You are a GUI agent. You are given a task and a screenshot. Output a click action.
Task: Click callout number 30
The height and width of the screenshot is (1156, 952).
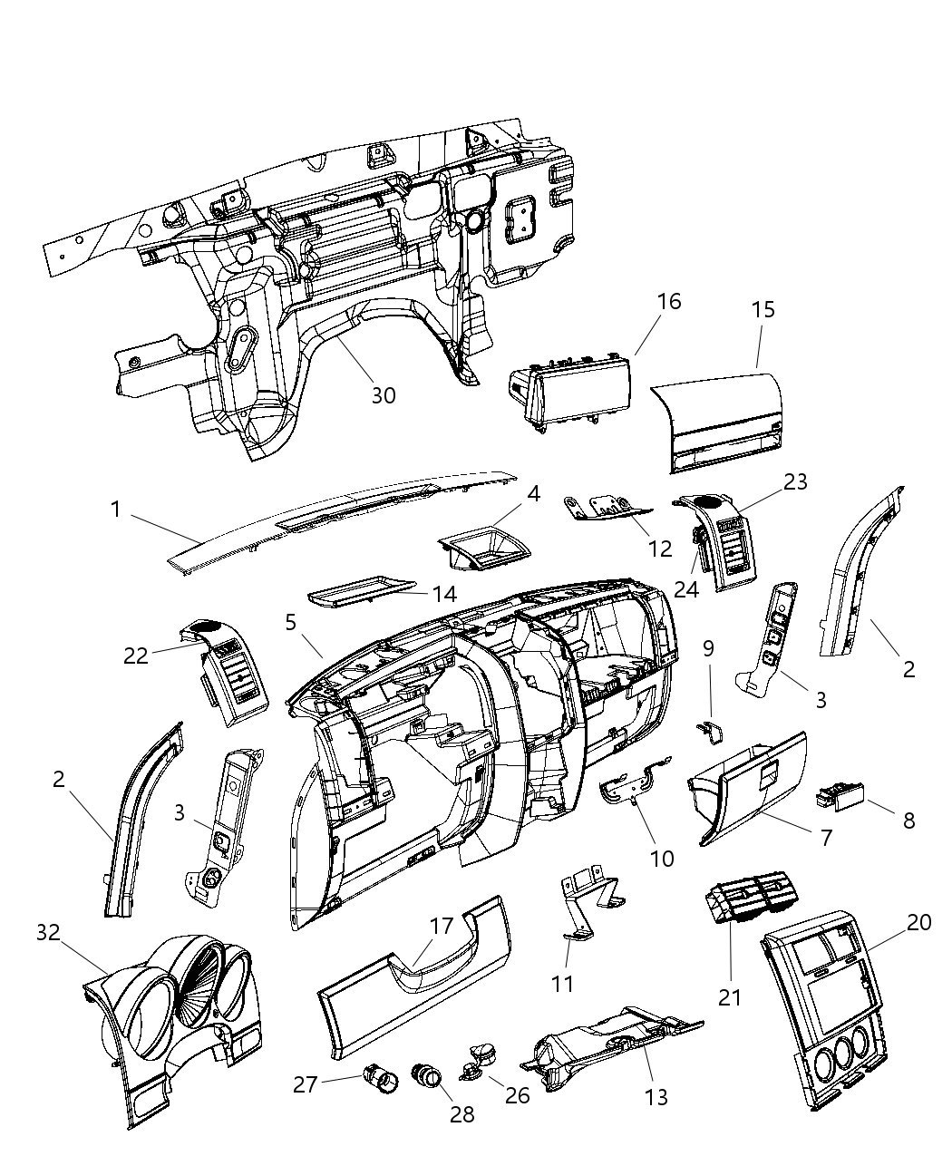coord(384,395)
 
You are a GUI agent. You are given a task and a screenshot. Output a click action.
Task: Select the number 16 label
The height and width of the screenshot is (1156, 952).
coord(668,301)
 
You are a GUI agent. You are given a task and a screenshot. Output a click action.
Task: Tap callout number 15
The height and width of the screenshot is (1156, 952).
coord(763,309)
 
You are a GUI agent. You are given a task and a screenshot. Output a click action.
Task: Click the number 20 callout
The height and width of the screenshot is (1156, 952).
coord(918,922)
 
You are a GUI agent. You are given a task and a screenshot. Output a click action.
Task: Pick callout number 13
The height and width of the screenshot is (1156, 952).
coord(656,1097)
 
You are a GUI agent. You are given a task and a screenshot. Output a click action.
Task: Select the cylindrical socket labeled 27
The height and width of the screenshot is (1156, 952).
coord(378,1078)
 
